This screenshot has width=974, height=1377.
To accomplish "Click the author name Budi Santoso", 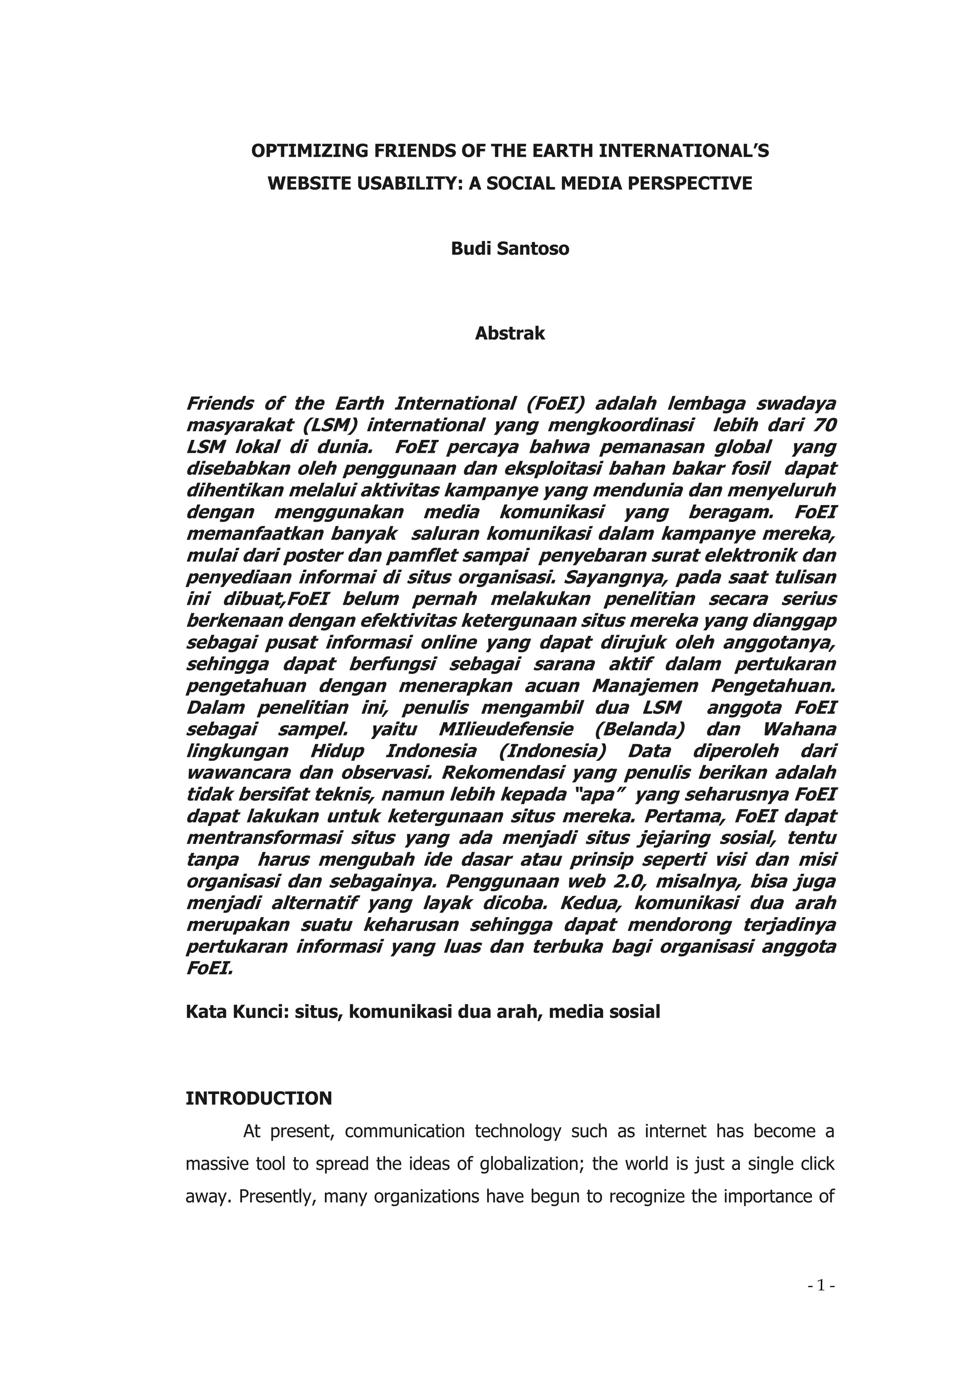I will (510, 248).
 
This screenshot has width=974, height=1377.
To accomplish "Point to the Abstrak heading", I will (510, 333).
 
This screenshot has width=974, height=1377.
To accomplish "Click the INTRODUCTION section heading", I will (259, 1098).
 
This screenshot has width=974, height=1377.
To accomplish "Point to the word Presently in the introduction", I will (276, 1196).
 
